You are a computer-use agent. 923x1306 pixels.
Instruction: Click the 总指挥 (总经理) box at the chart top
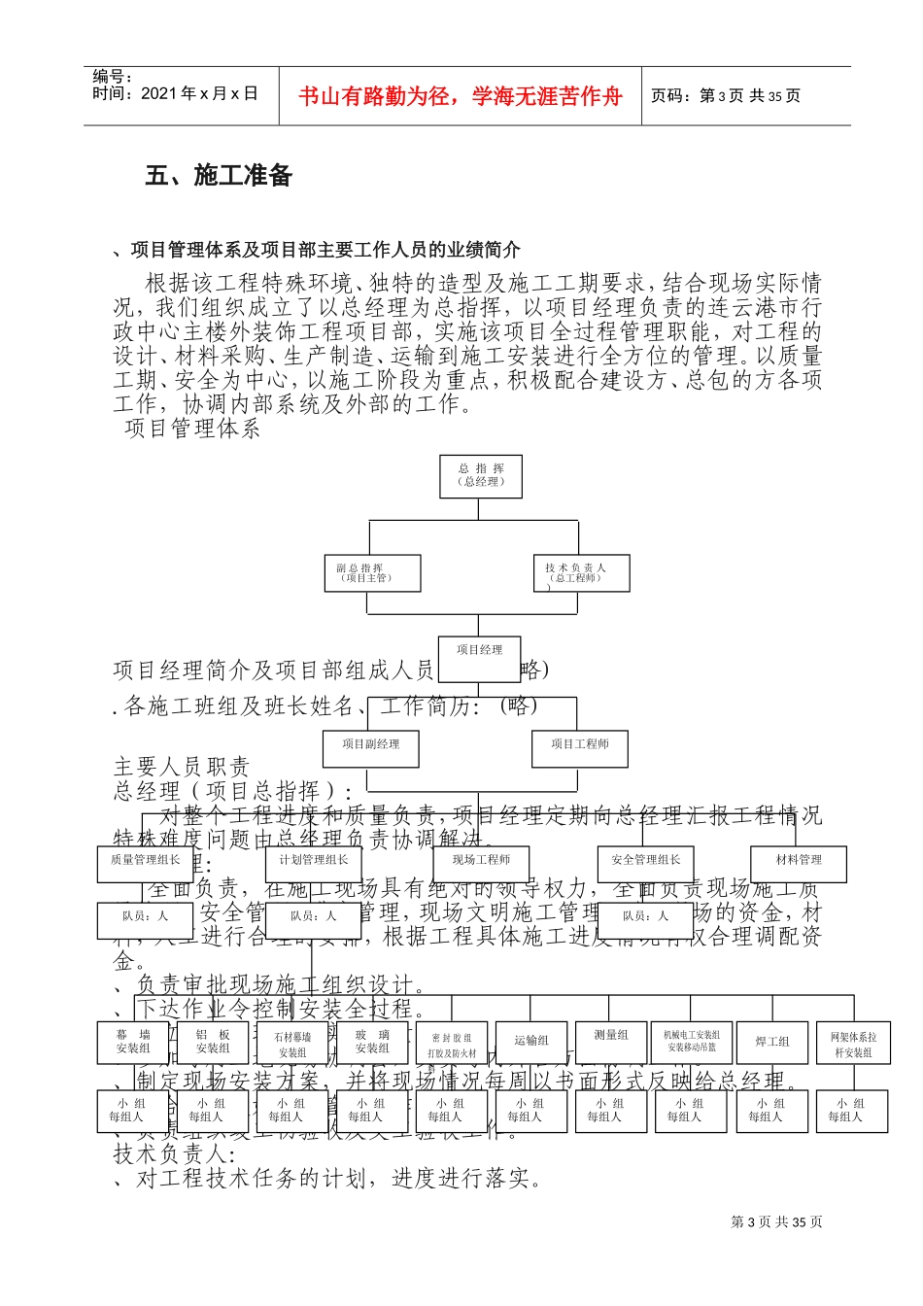coord(481,476)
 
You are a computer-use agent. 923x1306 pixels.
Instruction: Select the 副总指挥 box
coord(371,573)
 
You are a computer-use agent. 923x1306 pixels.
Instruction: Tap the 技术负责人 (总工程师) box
coord(581,573)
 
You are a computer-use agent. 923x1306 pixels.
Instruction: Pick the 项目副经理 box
coord(371,745)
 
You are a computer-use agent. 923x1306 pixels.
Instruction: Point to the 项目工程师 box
coord(580,745)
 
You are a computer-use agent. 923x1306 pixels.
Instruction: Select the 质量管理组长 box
coord(145,861)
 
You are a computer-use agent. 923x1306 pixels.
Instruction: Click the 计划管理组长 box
coord(313,861)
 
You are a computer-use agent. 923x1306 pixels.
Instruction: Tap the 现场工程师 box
coord(481,861)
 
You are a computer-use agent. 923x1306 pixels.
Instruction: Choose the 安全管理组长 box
coord(646,861)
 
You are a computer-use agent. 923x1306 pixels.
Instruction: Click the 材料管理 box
coord(799,861)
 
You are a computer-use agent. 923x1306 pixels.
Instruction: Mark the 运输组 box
coord(531,1041)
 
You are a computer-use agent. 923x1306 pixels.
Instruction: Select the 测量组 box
coord(611,1040)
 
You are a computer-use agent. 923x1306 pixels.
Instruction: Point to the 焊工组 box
coord(772,1042)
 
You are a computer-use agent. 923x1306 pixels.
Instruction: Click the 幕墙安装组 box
coord(133,1042)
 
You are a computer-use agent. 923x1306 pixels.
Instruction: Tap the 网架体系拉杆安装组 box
coord(853,1044)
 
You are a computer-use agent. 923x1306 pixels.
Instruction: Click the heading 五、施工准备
coord(219,176)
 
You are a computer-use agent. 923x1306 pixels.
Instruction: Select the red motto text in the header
coord(460,96)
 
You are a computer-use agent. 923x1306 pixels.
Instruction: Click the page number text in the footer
coord(776,1221)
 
